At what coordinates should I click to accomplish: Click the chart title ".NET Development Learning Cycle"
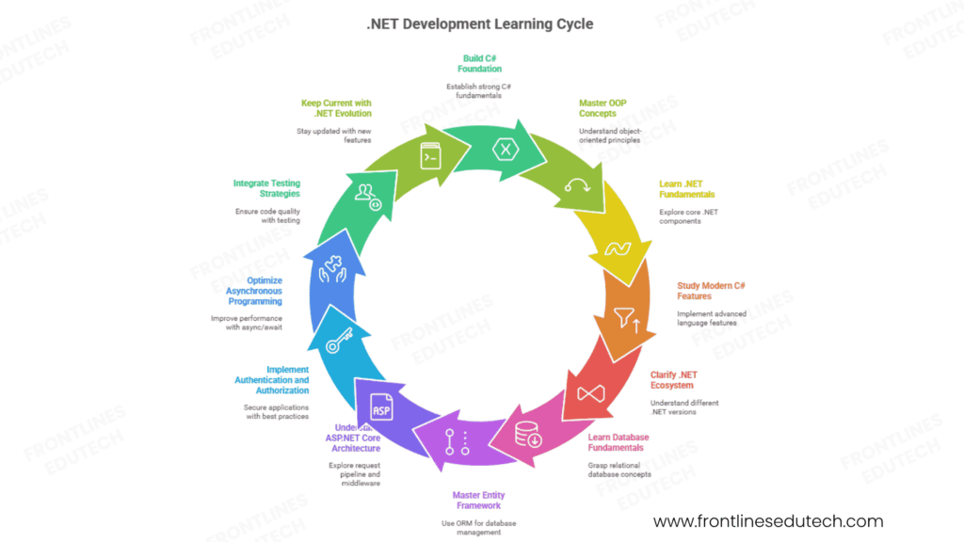point(480,24)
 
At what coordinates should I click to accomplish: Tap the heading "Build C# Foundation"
point(481,63)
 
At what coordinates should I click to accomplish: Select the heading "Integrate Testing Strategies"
point(266,188)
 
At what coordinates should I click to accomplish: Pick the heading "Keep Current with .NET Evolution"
point(336,109)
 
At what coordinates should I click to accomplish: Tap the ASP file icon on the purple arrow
point(381,408)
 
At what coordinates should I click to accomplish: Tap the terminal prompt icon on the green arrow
point(430,154)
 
